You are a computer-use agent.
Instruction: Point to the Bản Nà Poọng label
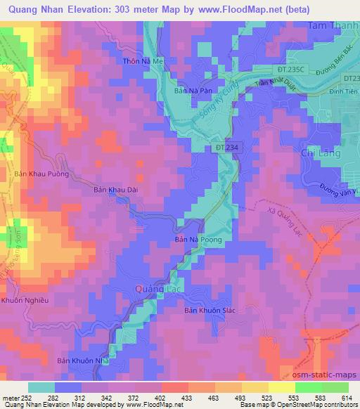(198, 240)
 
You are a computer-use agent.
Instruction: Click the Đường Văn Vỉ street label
(336, 192)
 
